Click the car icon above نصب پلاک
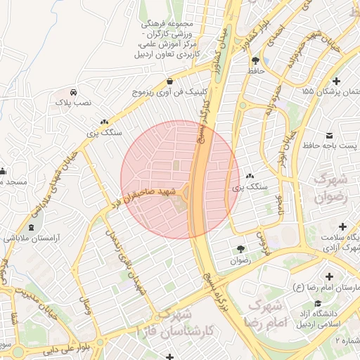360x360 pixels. pyautogui.click(x=74, y=92)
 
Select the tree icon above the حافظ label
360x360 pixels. pyautogui.click(x=255, y=60)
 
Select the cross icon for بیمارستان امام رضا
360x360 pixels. pyautogui.click(x=329, y=276)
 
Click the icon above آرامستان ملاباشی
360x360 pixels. pyautogui.click(x=31, y=226)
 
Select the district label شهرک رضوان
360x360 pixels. pyautogui.click(x=324, y=184)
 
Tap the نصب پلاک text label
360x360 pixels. pyautogui.click(x=74, y=103)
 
